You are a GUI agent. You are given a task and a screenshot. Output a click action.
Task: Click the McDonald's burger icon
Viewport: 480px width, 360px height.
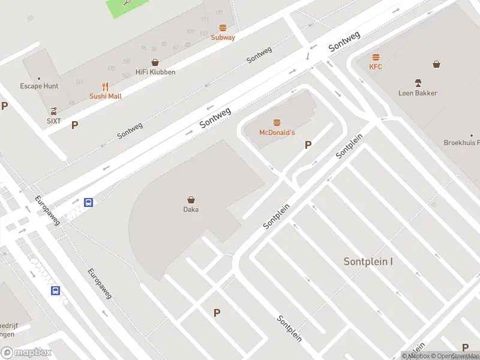277,122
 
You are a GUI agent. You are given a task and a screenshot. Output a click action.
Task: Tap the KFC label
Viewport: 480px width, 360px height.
376,67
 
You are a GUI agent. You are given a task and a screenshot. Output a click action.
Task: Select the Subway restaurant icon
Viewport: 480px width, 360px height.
223,28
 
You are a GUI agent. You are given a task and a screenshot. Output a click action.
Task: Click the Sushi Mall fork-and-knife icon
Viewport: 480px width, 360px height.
106,86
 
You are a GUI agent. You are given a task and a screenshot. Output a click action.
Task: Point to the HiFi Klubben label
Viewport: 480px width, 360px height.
155,72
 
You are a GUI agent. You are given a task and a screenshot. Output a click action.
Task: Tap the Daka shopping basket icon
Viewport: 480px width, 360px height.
191,200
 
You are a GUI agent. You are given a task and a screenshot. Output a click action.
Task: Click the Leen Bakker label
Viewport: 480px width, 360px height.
418,93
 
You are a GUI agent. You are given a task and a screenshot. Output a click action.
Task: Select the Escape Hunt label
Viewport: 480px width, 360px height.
39,86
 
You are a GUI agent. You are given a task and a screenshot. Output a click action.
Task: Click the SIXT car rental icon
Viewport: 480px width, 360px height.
54,111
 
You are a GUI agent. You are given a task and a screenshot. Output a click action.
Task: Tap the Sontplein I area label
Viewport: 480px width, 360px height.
368,262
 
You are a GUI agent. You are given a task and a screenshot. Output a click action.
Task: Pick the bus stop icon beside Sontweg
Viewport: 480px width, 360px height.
88,202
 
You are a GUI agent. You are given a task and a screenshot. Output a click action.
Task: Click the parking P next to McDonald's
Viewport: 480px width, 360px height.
308,145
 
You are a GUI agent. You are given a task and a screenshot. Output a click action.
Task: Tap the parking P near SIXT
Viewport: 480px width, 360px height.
75,125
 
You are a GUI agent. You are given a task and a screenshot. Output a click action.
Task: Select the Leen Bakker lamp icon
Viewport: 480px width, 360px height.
418,82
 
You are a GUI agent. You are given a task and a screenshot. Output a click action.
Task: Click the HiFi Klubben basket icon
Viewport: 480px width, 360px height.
155,62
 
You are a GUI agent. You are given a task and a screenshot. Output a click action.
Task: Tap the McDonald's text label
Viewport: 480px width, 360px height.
277,132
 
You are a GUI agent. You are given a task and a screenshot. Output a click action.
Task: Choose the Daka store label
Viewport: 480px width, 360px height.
191,209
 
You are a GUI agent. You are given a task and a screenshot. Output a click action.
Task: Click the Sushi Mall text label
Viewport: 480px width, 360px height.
106,96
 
